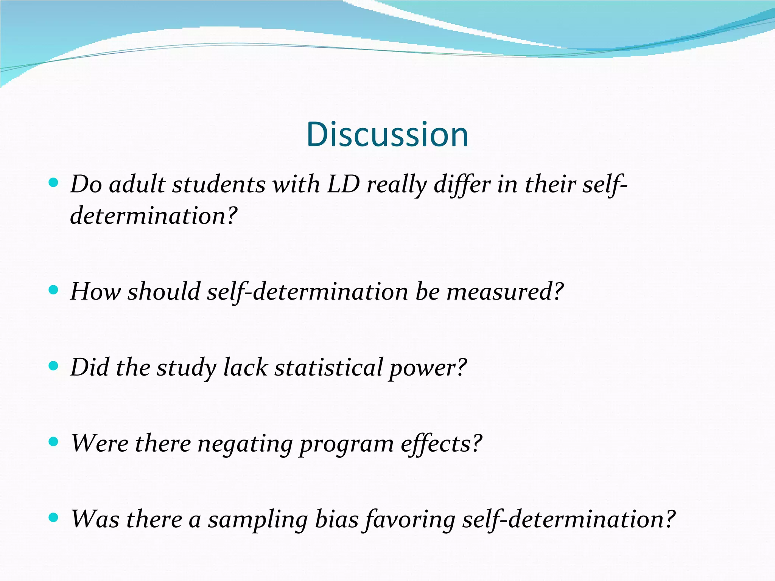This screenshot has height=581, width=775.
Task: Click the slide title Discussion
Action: (x=387, y=135)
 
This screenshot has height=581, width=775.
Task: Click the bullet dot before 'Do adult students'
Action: (x=54, y=183)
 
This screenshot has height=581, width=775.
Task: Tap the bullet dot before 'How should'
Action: (x=54, y=290)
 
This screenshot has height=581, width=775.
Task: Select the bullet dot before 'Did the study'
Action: (x=54, y=366)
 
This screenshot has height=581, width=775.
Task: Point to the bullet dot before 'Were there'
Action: (x=54, y=441)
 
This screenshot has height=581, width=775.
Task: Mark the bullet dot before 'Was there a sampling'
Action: (x=54, y=517)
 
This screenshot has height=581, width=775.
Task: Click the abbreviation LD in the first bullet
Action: (x=343, y=185)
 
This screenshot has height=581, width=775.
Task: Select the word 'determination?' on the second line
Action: (x=154, y=216)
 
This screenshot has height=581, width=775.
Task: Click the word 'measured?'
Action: (x=505, y=292)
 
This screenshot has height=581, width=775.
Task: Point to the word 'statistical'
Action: (x=328, y=368)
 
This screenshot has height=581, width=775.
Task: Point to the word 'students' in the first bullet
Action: (x=219, y=185)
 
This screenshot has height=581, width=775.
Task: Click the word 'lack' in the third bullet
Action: (x=246, y=368)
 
